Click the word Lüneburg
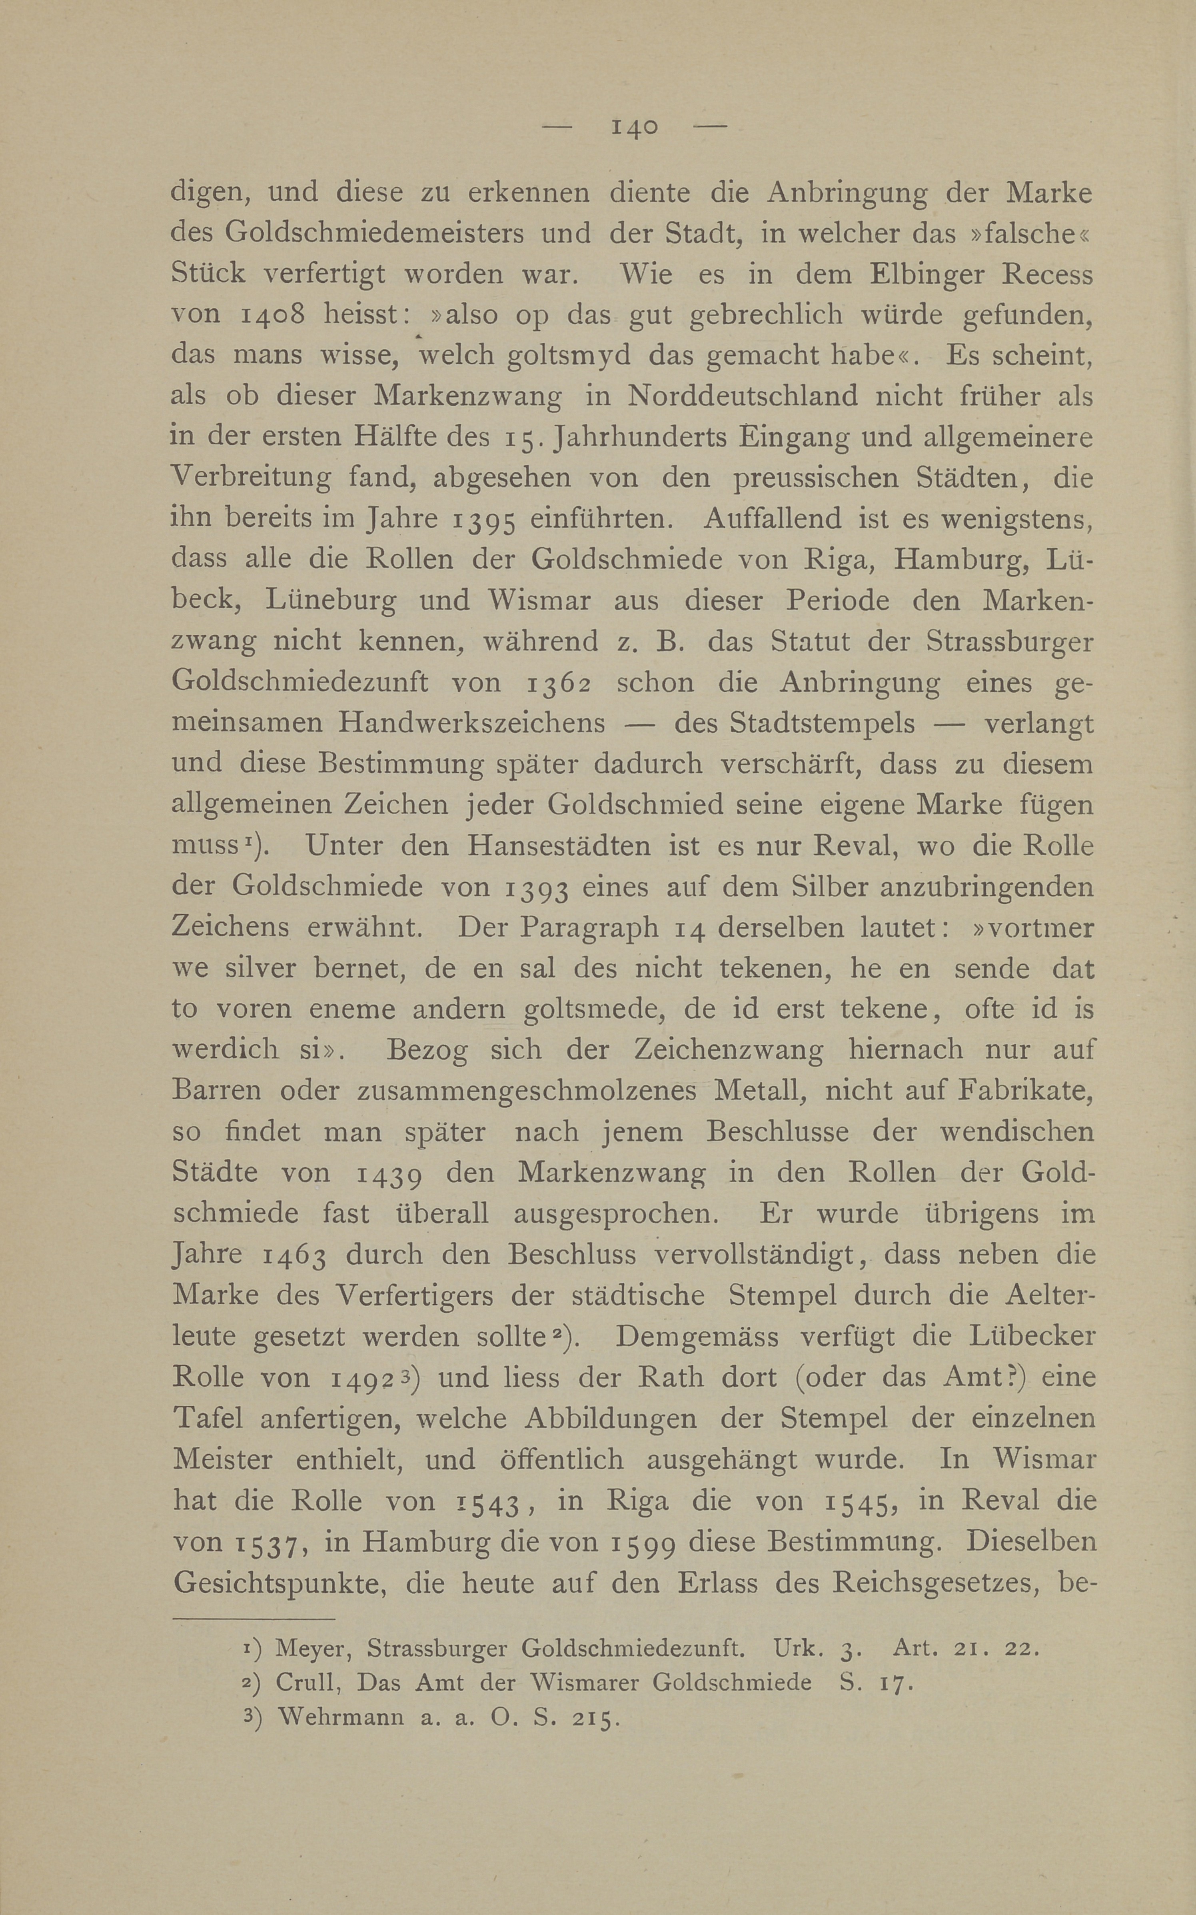331,600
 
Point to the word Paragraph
589,927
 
